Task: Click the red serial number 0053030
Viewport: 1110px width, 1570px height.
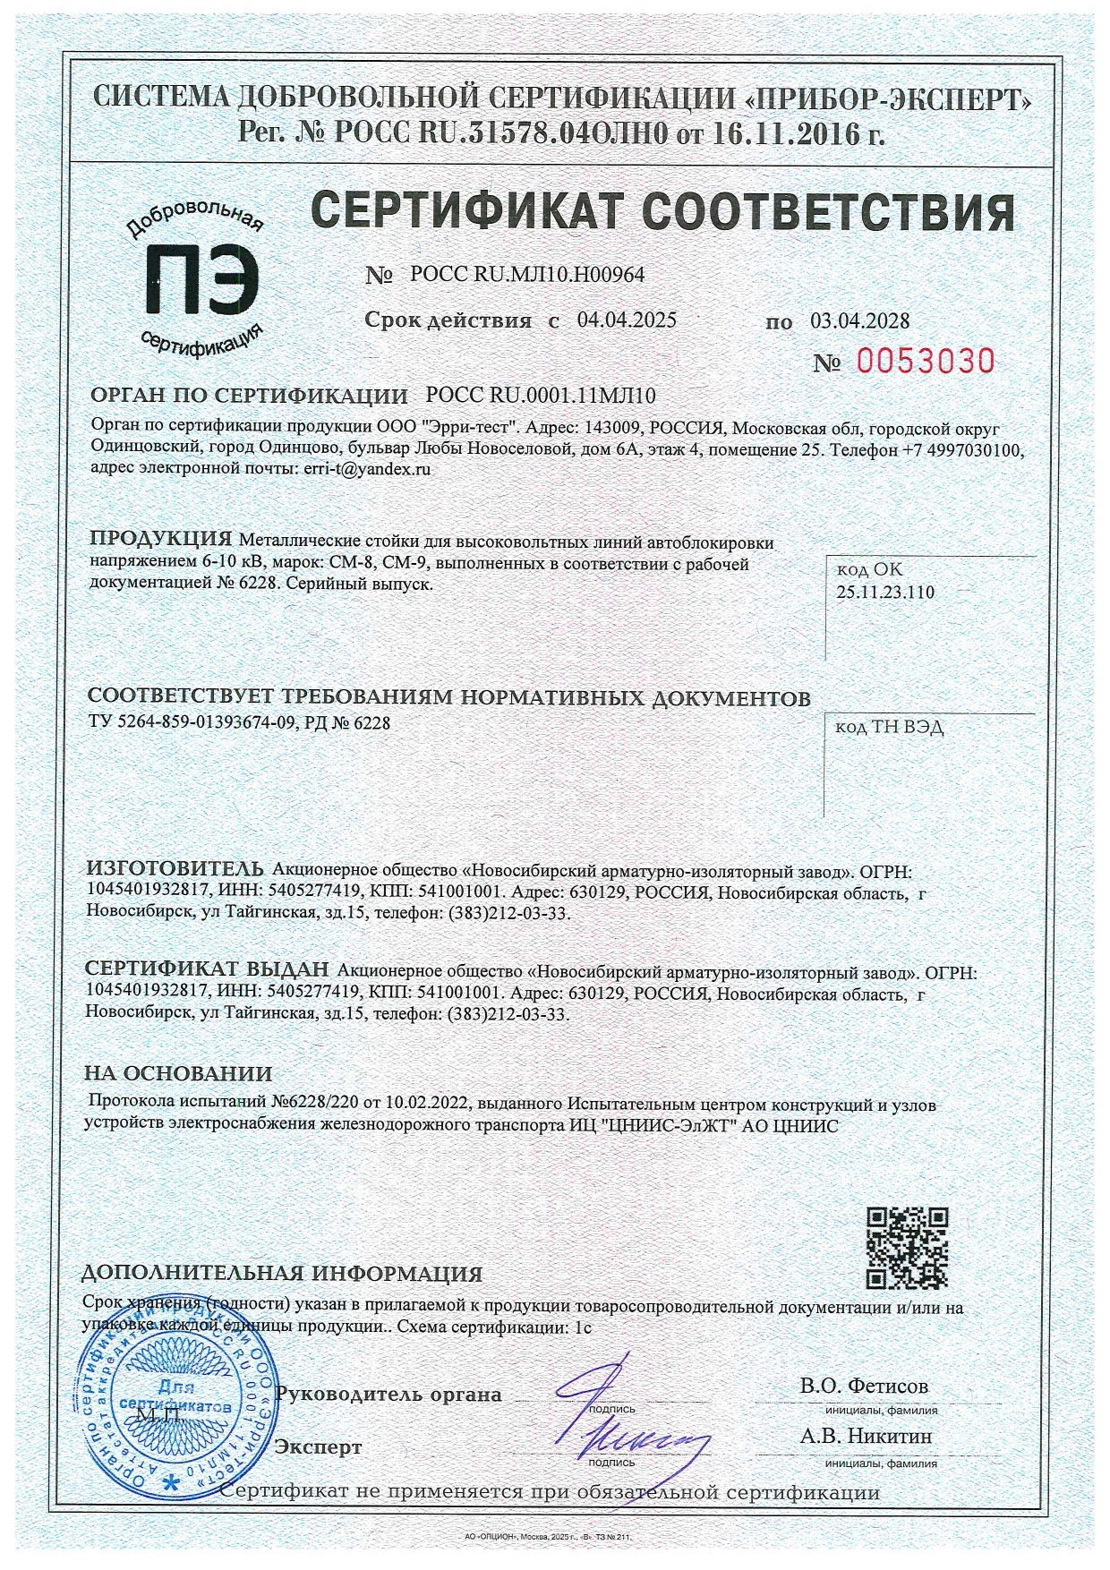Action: pyautogui.click(x=926, y=361)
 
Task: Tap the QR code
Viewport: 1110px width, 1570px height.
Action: pyautogui.click(x=908, y=1246)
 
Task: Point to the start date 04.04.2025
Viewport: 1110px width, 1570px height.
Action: pyautogui.click(x=626, y=320)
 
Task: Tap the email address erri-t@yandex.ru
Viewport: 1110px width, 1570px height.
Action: pyautogui.click(x=363, y=467)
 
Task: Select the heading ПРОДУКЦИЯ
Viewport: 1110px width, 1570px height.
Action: pyautogui.click(x=161, y=539)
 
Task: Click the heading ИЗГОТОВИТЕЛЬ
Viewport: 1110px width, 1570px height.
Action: pyautogui.click(x=174, y=868)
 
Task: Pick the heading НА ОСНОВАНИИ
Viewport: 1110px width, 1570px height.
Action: pyautogui.click(x=178, y=1073)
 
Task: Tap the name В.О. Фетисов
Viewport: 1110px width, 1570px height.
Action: pyautogui.click(x=864, y=1386)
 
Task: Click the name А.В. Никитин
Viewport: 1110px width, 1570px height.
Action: pyautogui.click(x=866, y=1436)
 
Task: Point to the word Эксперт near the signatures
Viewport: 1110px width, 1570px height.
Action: pyautogui.click(x=319, y=1447)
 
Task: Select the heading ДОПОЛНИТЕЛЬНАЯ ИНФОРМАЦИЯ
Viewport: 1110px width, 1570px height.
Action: pyautogui.click(x=282, y=1274)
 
